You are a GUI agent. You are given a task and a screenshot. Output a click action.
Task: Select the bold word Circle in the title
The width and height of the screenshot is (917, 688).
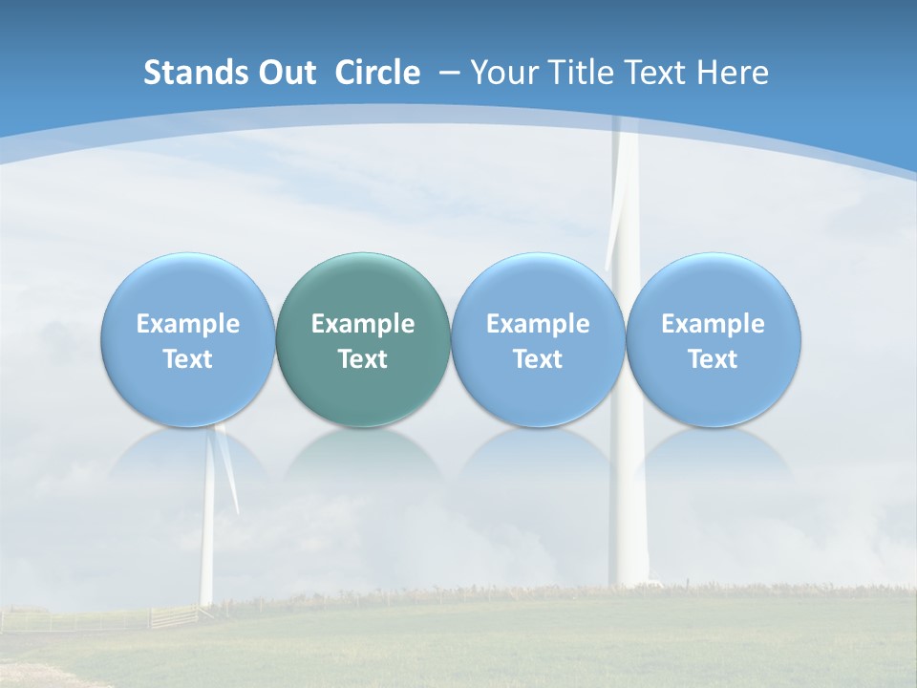click(377, 73)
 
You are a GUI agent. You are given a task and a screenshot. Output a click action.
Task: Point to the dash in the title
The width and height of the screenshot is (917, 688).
click(449, 73)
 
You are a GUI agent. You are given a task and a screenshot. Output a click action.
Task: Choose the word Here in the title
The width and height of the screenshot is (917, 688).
click(732, 73)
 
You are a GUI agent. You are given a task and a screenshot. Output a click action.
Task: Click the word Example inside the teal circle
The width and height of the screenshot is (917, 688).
click(363, 324)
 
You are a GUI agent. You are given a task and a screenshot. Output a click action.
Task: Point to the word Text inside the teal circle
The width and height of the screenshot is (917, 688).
click(363, 359)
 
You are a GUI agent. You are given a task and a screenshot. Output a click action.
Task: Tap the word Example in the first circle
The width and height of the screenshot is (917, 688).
click(188, 324)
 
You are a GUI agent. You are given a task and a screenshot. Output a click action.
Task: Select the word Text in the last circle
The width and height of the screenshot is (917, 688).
click(714, 359)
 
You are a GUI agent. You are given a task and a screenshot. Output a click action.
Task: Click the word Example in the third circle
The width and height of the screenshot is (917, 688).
click(538, 324)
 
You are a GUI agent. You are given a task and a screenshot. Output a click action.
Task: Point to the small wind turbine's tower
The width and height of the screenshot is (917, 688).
click(206, 545)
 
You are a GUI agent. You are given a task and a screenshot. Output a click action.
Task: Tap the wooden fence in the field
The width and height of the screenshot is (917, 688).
click(172, 616)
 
